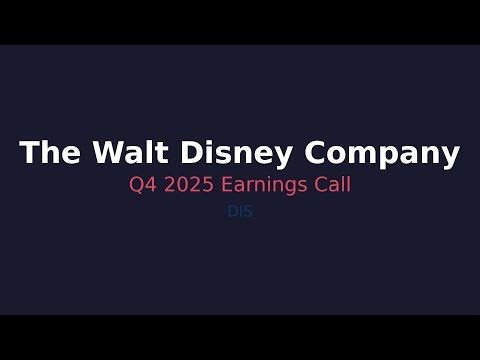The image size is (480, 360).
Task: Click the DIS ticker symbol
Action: tap(239, 211)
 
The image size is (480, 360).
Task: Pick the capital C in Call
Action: tap(318, 186)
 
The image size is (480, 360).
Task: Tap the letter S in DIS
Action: tap(246, 211)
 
